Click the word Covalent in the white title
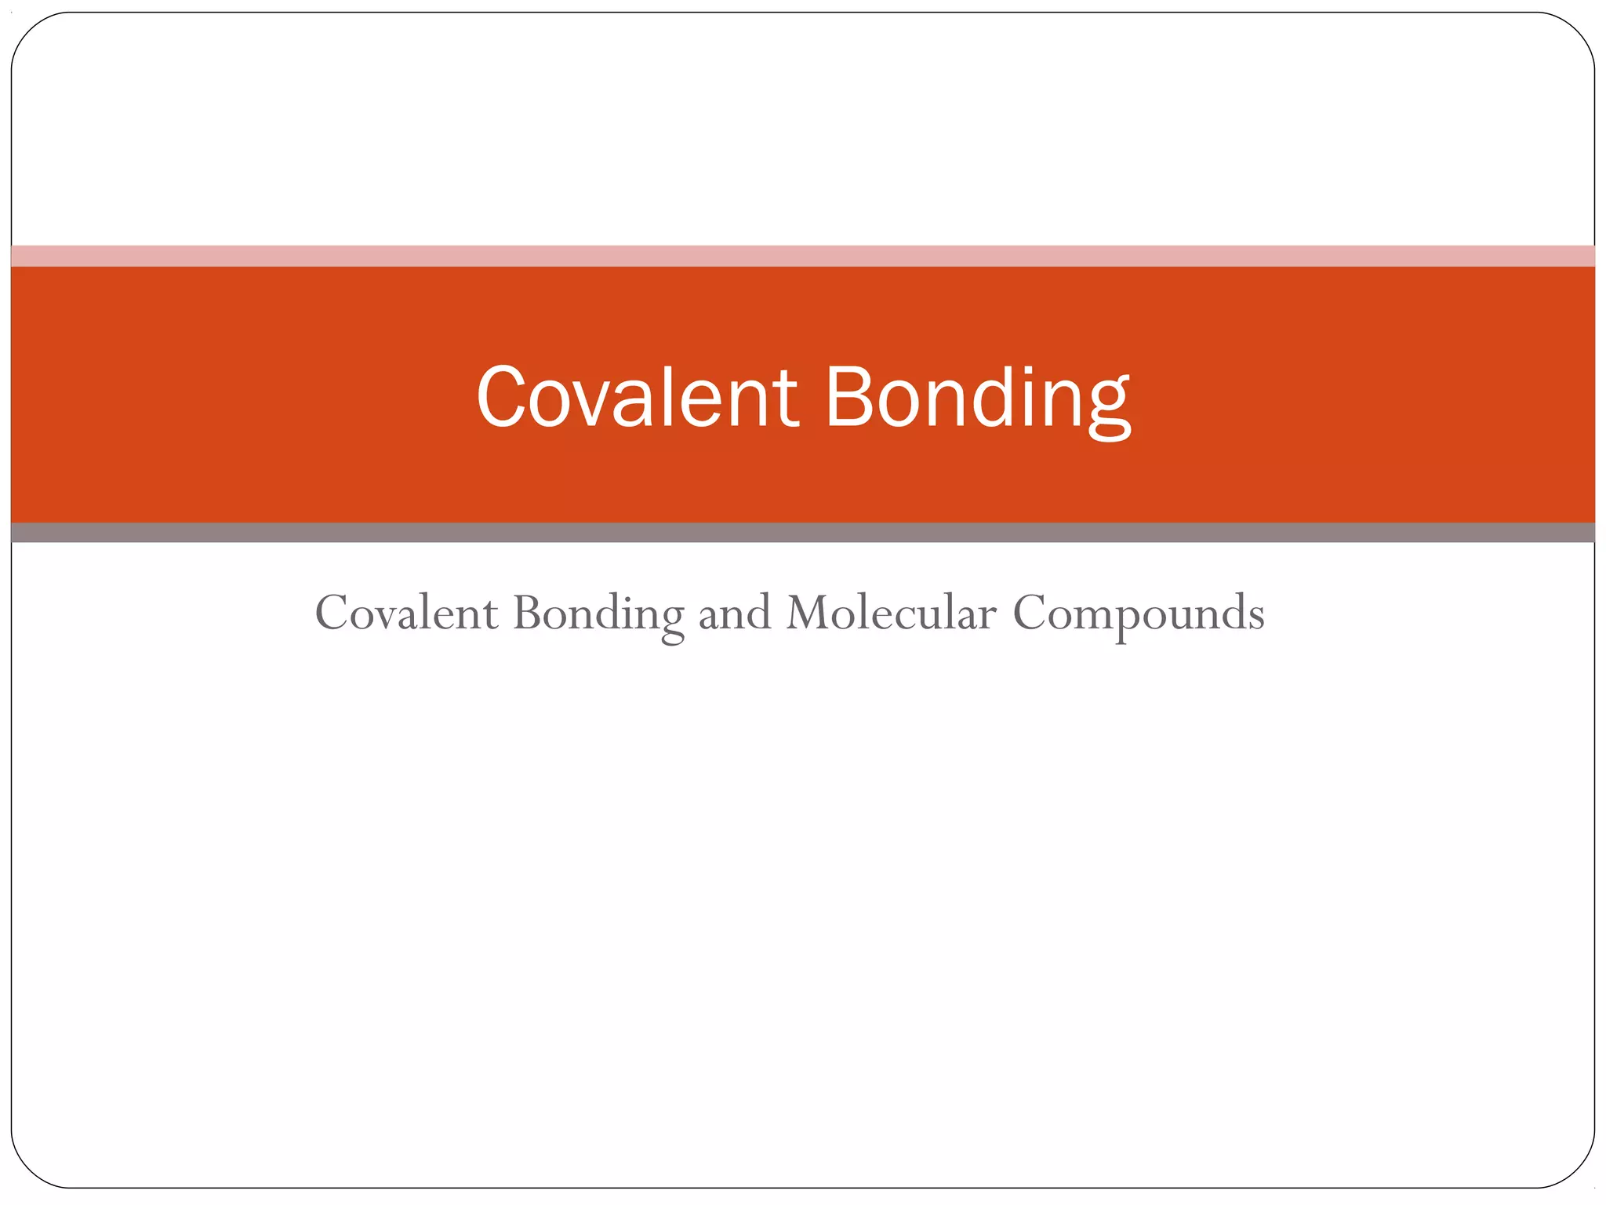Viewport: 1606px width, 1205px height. point(637,398)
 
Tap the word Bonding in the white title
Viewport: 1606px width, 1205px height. point(977,398)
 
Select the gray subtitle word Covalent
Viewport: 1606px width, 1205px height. point(406,613)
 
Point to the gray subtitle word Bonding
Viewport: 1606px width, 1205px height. point(598,614)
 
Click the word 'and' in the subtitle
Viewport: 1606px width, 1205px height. point(734,613)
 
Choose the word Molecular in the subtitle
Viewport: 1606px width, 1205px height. point(891,613)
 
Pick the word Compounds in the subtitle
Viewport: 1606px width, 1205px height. point(1139,614)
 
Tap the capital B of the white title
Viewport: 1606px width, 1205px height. point(852,398)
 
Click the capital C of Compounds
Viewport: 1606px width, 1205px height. point(1030,613)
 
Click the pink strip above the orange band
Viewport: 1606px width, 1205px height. point(803,256)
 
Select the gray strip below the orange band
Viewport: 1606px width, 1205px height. point(803,533)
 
